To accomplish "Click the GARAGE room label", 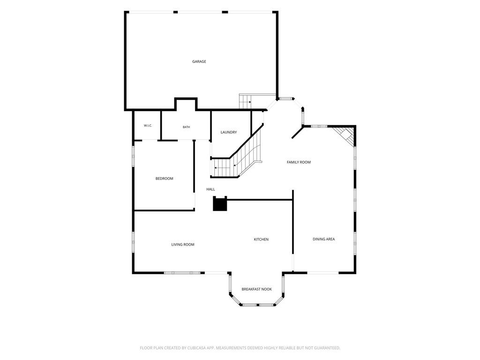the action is (199, 61).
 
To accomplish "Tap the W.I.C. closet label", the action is (148, 126).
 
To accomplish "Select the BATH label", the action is (186, 127).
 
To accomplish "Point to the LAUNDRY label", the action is (229, 132).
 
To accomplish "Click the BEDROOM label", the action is (165, 179).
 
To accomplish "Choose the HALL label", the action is (210, 189).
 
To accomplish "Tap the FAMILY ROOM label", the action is (299, 162).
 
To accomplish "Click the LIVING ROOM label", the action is (183, 244).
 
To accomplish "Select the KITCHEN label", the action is (261, 240).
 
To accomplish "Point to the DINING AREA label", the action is (323, 239).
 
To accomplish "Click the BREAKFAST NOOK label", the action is (256, 289).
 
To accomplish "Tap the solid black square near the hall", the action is (220, 203).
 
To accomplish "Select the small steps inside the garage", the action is (245, 102).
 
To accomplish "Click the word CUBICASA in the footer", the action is (202, 348).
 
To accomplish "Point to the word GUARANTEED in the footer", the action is (328, 348).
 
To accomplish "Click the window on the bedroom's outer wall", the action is (133, 156).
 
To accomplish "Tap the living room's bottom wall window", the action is (182, 272).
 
